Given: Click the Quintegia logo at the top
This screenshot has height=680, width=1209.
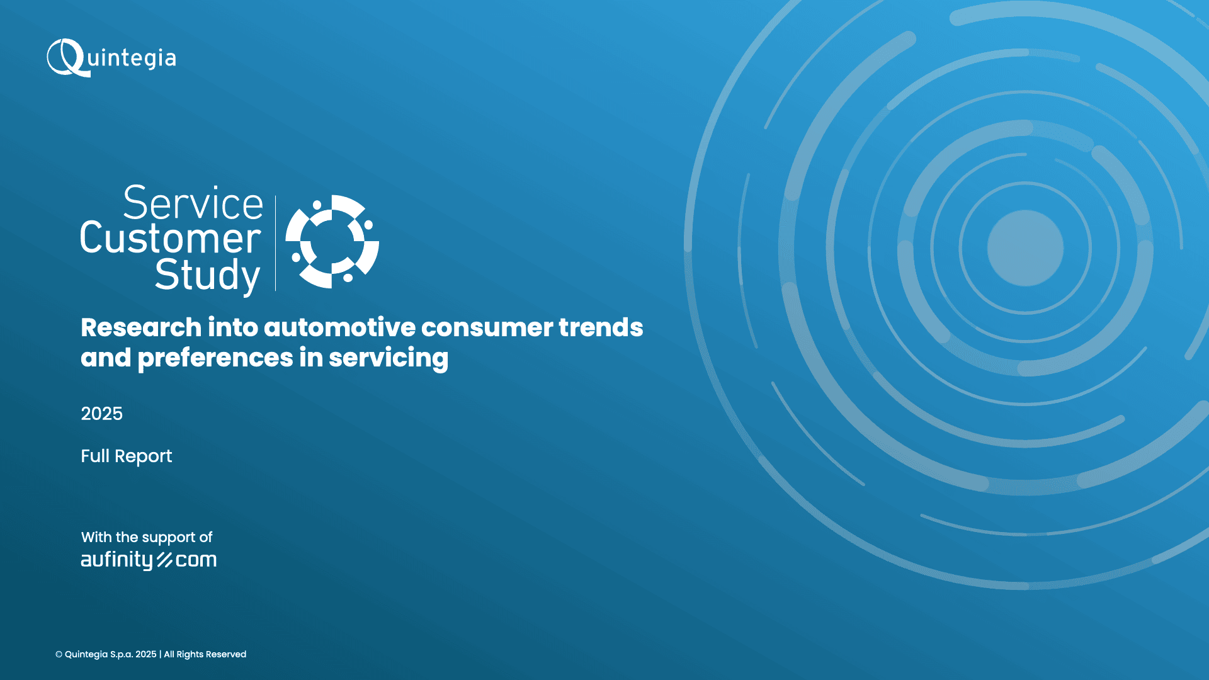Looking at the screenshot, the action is [x=111, y=58].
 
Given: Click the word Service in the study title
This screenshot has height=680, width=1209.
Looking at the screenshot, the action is [x=193, y=203].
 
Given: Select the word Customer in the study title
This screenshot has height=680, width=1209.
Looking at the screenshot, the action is [x=171, y=238].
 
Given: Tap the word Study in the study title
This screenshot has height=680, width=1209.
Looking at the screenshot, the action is [x=207, y=275].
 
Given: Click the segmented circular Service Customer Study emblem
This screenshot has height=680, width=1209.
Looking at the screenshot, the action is [x=332, y=241].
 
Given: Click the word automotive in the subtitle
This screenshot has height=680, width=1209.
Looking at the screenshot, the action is [x=340, y=327].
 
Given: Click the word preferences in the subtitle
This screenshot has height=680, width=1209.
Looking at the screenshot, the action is [x=215, y=358].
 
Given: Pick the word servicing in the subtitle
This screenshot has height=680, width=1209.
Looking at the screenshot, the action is [x=389, y=358].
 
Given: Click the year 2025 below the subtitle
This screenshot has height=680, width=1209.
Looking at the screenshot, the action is [x=101, y=414].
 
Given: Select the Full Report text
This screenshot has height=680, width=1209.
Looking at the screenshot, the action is [x=126, y=456].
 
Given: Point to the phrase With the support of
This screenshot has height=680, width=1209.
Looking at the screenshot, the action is [x=147, y=537].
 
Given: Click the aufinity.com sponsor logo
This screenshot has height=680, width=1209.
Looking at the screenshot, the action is [x=149, y=560].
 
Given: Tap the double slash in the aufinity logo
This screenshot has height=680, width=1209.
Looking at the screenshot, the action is [x=164, y=560].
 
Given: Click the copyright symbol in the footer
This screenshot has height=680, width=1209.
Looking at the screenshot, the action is [x=59, y=655].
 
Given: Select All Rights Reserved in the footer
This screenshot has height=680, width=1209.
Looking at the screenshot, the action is [x=205, y=655].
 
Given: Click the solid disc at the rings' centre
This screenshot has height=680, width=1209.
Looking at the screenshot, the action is [x=1025, y=248].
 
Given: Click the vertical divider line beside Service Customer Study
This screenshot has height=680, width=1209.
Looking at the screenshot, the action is [x=276, y=243].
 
